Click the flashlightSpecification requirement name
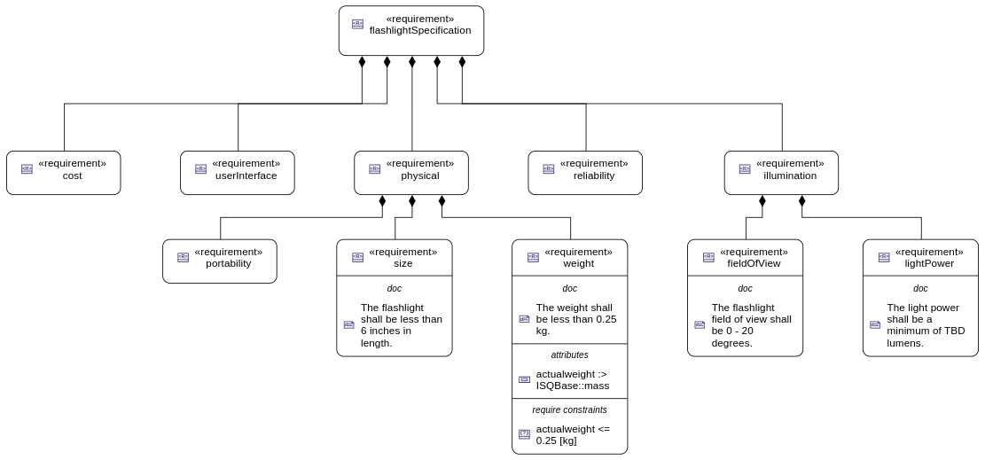point(419,31)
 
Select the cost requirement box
point(63,173)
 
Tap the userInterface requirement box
point(237,173)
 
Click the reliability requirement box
point(584,173)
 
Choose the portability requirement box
point(219,261)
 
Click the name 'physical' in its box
point(419,176)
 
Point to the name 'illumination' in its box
point(789,176)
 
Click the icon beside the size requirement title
point(357,257)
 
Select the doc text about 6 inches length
point(401,325)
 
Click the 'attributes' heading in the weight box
point(569,355)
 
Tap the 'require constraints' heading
point(569,409)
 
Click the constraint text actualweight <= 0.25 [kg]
point(573,434)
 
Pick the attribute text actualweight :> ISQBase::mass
point(573,379)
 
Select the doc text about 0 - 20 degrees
point(751,325)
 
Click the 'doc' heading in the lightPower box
point(920,288)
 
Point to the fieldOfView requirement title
point(754,263)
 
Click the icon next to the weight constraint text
point(524,434)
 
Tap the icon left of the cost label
point(27,169)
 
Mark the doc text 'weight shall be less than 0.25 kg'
point(575,319)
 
